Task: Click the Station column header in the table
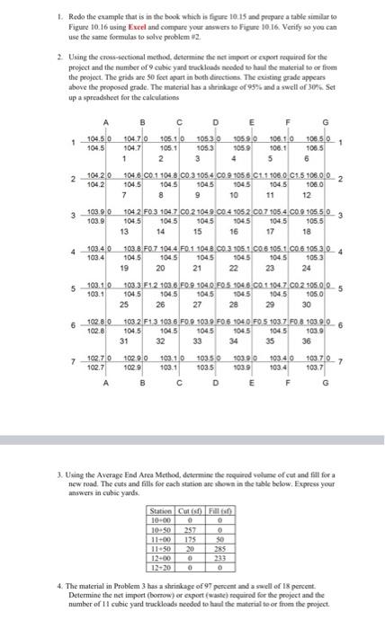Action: click(x=162, y=511)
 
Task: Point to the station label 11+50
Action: click(x=162, y=547)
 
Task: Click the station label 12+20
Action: click(x=162, y=565)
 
